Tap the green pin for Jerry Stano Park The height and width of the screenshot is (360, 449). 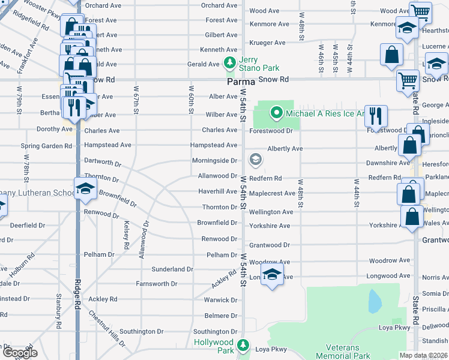pyautogui.click(x=229, y=62)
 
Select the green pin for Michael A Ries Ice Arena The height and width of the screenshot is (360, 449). pyautogui.click(x=276, y=112)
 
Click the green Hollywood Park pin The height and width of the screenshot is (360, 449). pyautogui.click(x=243, y=345)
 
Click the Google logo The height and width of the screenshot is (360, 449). pyautogui.click(x=20, y=353)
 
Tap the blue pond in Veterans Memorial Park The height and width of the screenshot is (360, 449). pyautogui.click(x=375, y=301)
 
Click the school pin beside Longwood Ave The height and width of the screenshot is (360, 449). pyautogui.click(x=273, y=274)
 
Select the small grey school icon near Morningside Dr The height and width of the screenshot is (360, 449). pyautogui.click(x=256, y=159)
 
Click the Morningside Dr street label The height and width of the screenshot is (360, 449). pyautogui.click(x=214, y=161)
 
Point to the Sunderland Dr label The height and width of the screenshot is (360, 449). pyautogui.click(x=172, y=269)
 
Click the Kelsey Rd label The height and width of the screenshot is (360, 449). pyautogui.click(x=127, y=235)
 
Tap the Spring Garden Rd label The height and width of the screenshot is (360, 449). pyautogui.click(x=41, y=146)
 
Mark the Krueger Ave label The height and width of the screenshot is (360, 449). pyautogui.click(x=267, y=43)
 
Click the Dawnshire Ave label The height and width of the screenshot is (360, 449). pyautogui.click(x=388, y=163)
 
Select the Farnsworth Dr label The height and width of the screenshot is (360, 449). pyautogui.click(x=157, y=284)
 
